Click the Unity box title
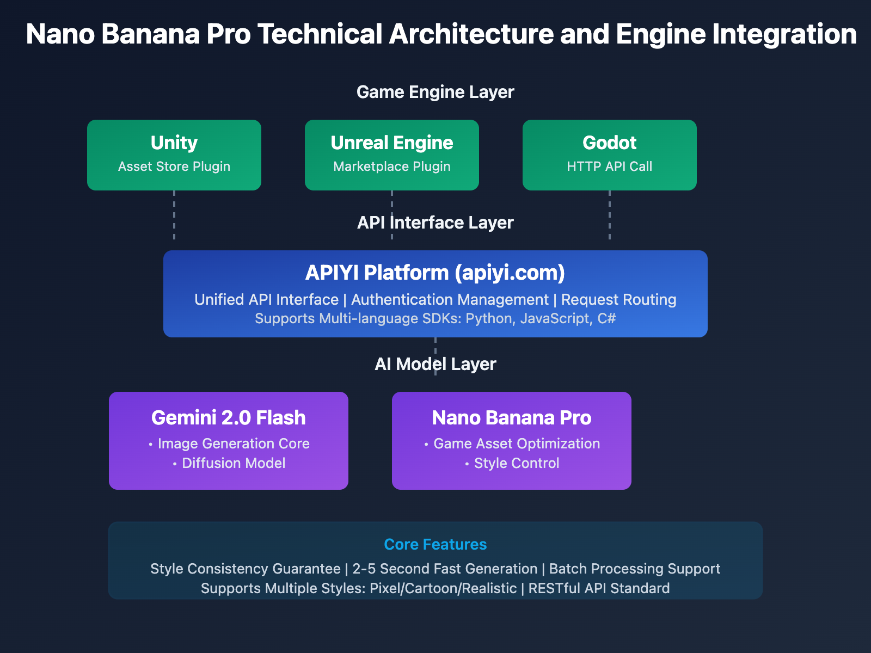[x=174, y=143]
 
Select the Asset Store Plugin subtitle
[x=174, y=167]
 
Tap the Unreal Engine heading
[x=392, y=143]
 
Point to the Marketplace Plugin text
[x=392, y=167]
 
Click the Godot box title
[x=610, y=143]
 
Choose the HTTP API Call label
[x=610, y=167]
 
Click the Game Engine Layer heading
[x=436, y=92]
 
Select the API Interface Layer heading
[x=436, y=223]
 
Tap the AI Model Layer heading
[x=436, y=364]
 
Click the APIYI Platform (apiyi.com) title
[x=436, y=273]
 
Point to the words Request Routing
[x=619, y=300]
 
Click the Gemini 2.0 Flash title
[x=229, y=418]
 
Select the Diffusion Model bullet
[x=234, y=463]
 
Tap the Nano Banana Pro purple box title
[x=512, y=418]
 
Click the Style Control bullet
[x=517, y=463]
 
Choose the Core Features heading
[x=436, y=545]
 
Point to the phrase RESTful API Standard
[x=599, y=588]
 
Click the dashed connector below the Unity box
[x=174, y=215]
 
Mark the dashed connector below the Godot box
[x=610, y=215]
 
